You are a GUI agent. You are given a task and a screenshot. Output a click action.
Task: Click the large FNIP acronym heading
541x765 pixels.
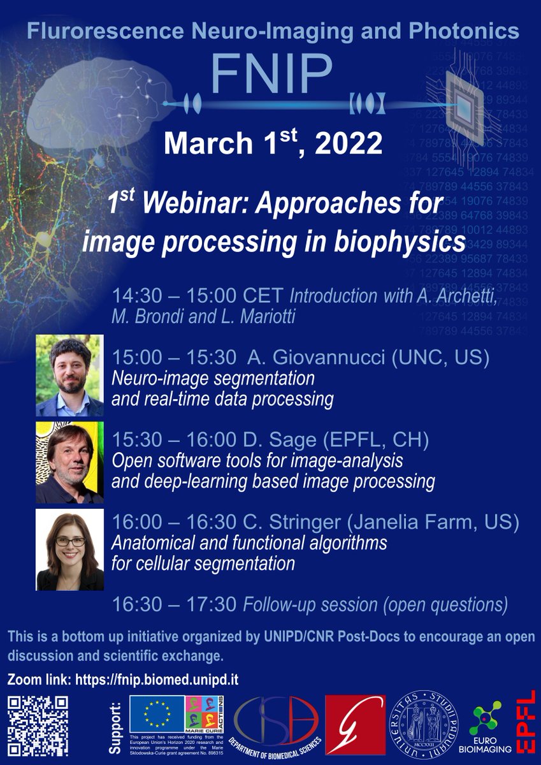271,73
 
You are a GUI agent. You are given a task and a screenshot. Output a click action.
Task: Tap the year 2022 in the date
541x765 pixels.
343,144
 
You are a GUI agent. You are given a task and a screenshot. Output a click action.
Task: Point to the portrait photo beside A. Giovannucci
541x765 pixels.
69,375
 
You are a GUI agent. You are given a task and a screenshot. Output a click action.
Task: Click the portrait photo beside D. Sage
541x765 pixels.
69,462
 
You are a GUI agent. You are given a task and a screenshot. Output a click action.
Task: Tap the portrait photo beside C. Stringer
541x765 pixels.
69,550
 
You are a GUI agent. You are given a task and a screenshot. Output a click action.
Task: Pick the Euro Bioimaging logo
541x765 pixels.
490,727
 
